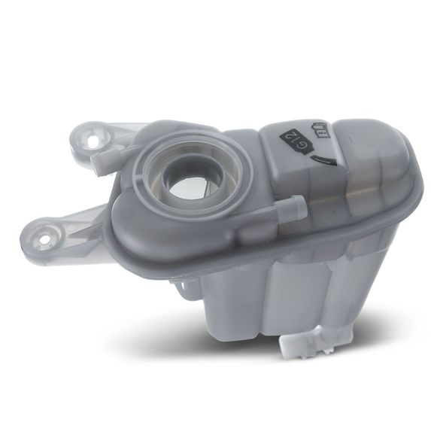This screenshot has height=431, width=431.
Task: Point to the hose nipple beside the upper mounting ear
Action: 108,160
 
